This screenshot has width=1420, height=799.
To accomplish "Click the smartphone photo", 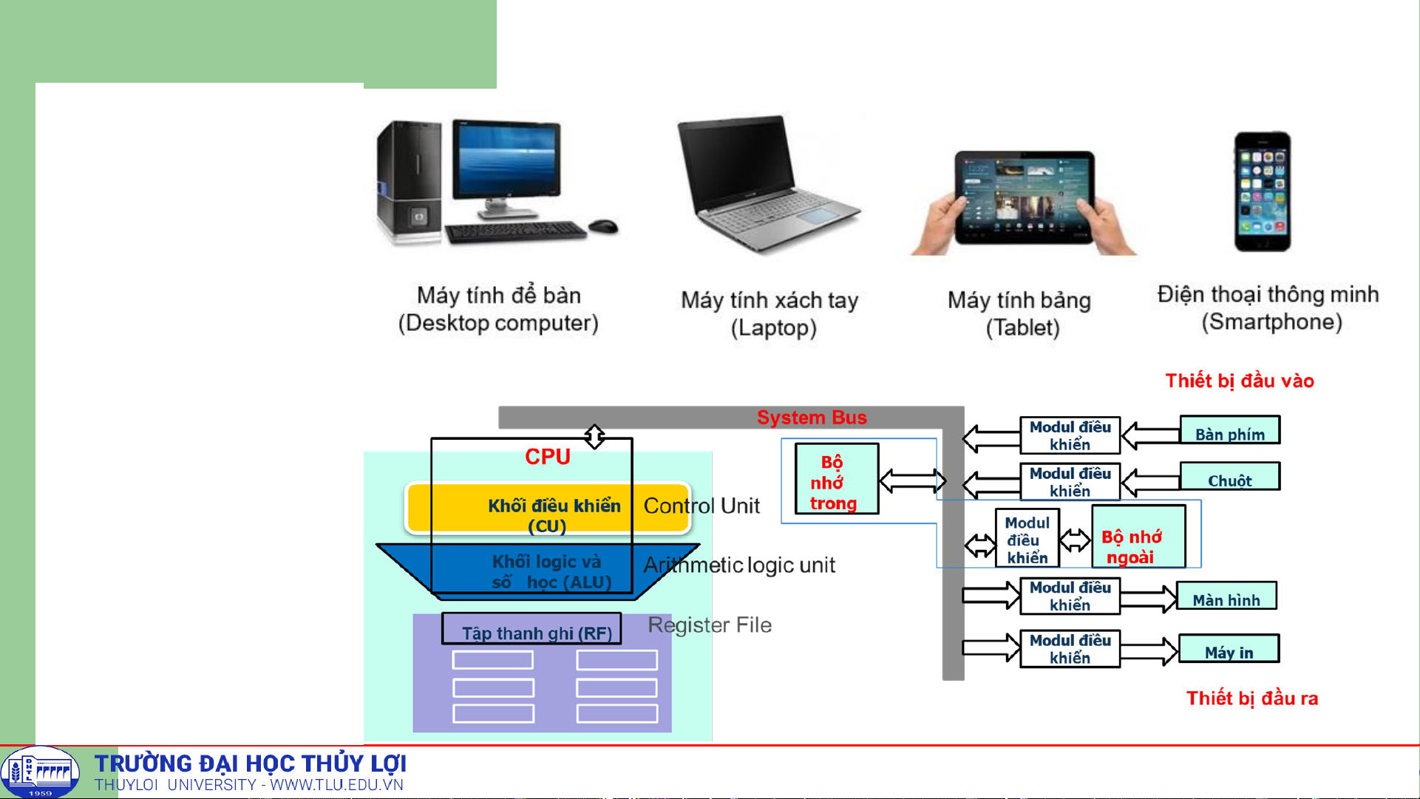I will point(1263,191).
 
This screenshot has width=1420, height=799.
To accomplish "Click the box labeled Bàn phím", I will point(1229,431).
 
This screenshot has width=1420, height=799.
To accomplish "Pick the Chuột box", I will point(1229,477).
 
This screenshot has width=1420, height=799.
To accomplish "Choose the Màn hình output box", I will point(1226,596).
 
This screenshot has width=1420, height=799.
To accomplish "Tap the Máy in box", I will point(1228,649).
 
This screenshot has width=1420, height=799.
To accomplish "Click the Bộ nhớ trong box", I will point(836,480).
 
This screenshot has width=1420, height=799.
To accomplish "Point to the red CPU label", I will point(547,457).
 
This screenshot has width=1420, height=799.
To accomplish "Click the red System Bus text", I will point(811,418).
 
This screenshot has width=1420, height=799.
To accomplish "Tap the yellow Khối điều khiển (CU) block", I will point(547,509).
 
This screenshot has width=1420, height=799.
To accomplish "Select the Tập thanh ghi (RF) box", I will point(531,629).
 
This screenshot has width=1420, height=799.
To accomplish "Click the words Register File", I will point(709,625).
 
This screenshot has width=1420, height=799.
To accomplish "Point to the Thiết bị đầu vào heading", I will point(1239,381).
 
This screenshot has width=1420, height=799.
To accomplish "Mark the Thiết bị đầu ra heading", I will point(1251,698).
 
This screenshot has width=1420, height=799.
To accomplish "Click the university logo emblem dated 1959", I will point(40,772).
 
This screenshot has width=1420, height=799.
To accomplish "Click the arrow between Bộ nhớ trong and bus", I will point(912,481).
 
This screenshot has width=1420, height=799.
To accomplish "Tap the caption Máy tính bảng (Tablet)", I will point(1020,313).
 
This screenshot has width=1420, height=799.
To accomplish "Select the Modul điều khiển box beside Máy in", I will point(1070,649).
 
